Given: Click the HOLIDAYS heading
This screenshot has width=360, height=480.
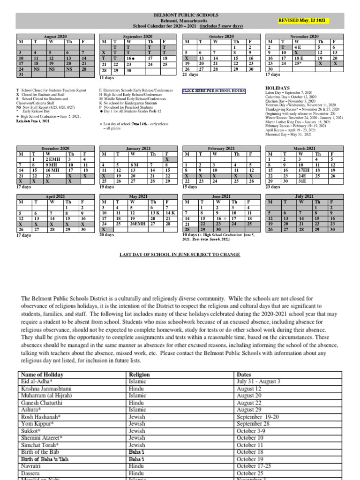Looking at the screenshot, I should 278,88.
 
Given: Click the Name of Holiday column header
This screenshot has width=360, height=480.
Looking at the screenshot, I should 41,375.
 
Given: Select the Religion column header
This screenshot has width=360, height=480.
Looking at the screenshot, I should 139,375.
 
